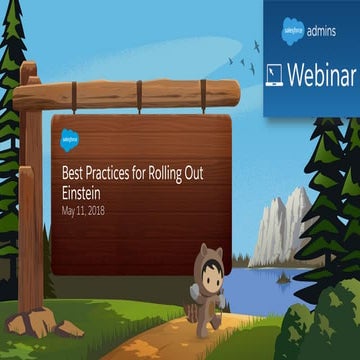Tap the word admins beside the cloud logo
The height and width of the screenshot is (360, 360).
(321, 33)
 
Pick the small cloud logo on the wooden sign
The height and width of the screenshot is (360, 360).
(70, 137)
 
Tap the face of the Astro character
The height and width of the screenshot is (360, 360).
(209, 268)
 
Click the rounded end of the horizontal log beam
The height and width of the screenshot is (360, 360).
(229, 95)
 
